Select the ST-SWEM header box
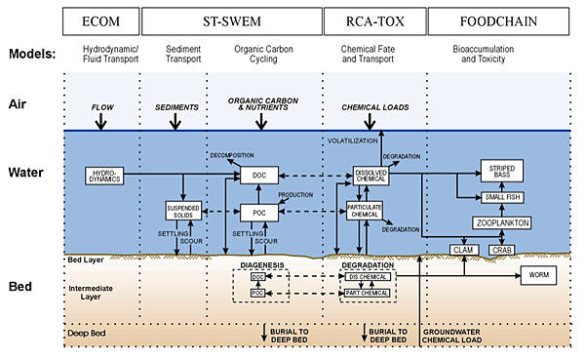click(232, 20)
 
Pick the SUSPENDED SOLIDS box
click(183, 211)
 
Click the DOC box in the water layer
click(259, 176)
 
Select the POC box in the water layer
click(259, 210)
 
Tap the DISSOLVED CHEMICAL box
click(370, 176)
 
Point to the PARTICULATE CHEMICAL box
click(363, 211)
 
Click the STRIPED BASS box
click(503, 171)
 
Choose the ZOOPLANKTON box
click(503, 223)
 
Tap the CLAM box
click(463, 251)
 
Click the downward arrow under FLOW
click(100, 121)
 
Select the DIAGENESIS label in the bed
click(259, 263)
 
